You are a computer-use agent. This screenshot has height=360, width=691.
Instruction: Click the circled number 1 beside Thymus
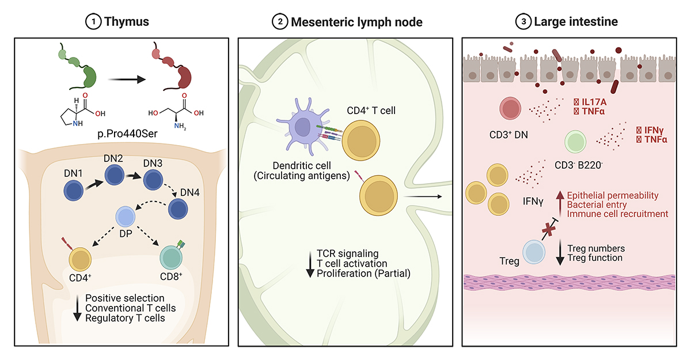pos(93,22)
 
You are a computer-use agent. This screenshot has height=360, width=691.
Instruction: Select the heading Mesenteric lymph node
pos(356,22)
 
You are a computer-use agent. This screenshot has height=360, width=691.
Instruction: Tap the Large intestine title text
pos(576,21)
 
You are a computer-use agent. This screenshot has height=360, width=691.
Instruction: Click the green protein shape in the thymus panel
pos(78,67)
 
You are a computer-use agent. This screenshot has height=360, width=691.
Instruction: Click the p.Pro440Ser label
pos(127,134)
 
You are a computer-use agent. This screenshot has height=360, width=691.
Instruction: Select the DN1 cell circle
pos(74,191)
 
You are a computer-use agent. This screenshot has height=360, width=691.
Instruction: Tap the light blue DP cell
pos(126,217)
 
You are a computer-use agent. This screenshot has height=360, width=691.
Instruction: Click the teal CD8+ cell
pos(171,257)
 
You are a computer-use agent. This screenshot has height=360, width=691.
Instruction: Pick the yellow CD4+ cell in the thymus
pos(80,259)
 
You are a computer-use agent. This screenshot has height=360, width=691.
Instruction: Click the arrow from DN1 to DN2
pos(94,184)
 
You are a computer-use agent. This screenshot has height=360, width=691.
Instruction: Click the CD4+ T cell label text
pos(371,111)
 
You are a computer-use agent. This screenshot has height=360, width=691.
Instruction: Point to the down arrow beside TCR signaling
pos(310,264)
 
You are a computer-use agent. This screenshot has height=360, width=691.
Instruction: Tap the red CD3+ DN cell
pos(510,108)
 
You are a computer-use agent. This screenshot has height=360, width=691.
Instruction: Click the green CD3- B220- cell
pos(575,142)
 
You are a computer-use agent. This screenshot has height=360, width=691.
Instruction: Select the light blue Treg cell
pos(534,252)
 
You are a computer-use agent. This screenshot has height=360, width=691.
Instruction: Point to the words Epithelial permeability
pos(613,195)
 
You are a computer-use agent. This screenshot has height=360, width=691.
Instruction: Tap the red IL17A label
pos(594,102)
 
